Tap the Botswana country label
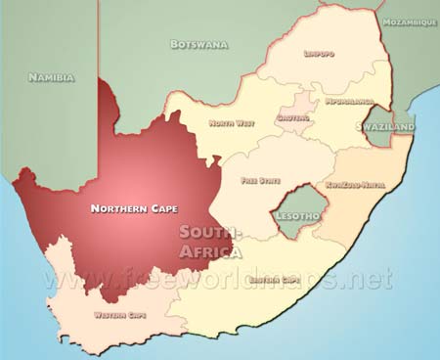[198, 44]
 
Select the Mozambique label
[410, 22]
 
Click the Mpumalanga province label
[348, 100]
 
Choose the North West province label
[233, 123]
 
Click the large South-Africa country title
[210, 242]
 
